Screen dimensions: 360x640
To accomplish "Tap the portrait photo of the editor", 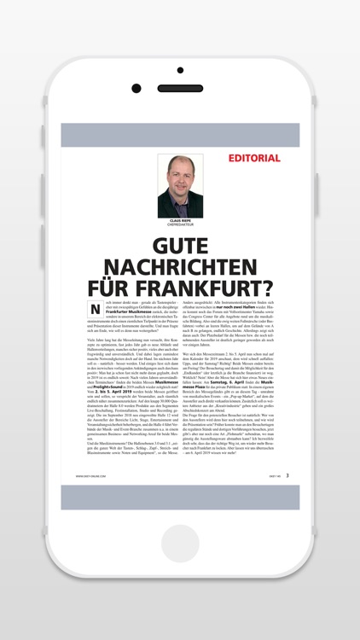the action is click(180, 185).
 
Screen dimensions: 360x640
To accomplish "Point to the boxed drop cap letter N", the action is click(96, 308).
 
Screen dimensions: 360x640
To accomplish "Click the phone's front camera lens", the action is click(136, 88).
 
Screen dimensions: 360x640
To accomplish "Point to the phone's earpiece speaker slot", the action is click(179, 88).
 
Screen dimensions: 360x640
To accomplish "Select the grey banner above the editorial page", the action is click(180, 135).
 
